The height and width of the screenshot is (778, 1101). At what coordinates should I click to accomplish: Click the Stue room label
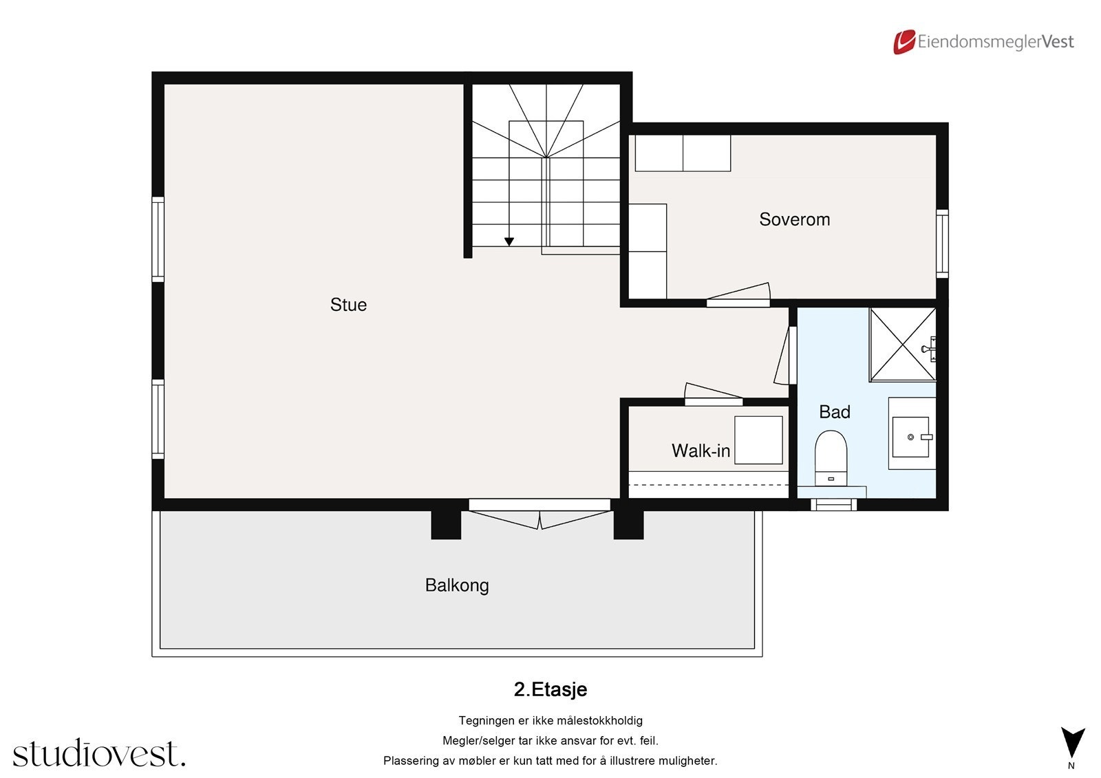pos(348,305)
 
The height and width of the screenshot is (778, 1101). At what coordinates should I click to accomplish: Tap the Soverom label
pos(794,219)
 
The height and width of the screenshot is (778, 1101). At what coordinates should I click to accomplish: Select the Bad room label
pos(834,412)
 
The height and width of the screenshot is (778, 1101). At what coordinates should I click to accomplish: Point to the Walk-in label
pos(701,451)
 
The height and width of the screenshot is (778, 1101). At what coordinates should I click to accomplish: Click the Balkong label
pos(457,585)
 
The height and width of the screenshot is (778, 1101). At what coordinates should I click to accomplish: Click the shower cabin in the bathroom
pos(902,344)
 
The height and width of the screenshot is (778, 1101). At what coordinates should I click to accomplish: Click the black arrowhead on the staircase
pos(509,242)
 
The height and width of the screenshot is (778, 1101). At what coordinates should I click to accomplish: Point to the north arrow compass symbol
pos(1073,743)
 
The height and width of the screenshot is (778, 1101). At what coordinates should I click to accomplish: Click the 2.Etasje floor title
pos(550,689)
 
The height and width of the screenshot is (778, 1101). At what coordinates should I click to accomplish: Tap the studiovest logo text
pos(99,753)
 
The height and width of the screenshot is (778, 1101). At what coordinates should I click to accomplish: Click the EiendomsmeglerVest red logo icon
pos(904,42)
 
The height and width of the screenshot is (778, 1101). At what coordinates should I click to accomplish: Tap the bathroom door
pos(782,356)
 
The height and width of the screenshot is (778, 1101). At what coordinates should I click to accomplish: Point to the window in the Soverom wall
pos(942,244)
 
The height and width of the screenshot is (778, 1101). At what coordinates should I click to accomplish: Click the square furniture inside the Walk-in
pos(758,440)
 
